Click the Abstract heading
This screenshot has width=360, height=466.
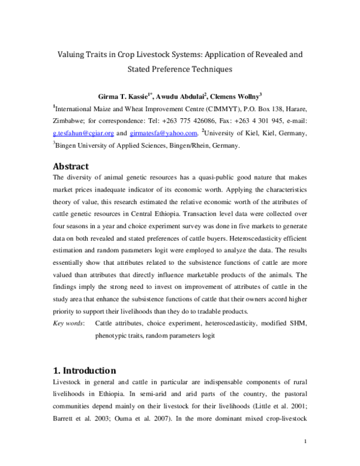pos(71,166)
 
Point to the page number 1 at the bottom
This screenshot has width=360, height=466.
pos(305,443)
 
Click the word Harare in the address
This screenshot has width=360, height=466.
pos(294,109)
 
